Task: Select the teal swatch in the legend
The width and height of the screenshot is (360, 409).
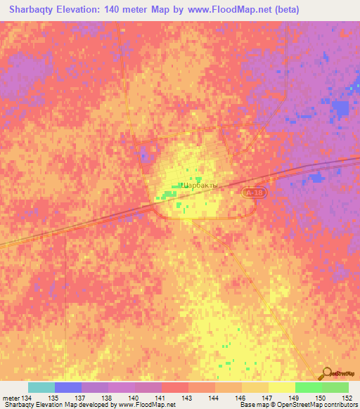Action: pyautogui.click(x=41, y=387)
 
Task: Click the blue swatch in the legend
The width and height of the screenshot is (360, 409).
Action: pyautogui.click(x=67, y=387)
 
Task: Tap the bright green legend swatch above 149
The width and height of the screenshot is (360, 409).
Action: pyautogui.click(x=308, y=387)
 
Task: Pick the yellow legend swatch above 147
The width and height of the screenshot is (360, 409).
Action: pyautogui.click(x=281, y=387)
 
